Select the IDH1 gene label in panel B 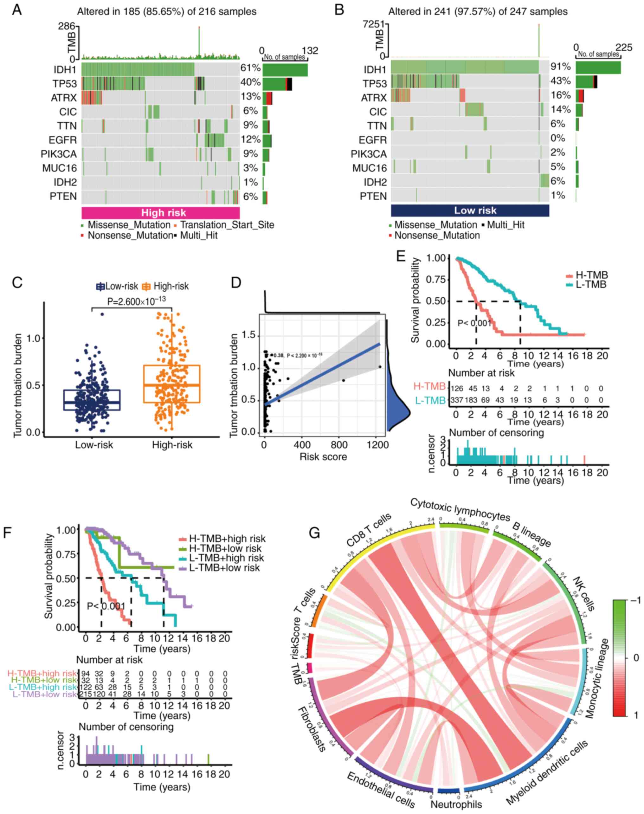click(375, 70)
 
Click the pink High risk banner click(161, 213)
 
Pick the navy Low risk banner click(470, 211)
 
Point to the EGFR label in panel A click(62, 140)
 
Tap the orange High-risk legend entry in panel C click(165, 287)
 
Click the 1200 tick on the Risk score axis click(378, 445)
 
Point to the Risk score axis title click(323, 457)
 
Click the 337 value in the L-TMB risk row click(457, 400)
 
